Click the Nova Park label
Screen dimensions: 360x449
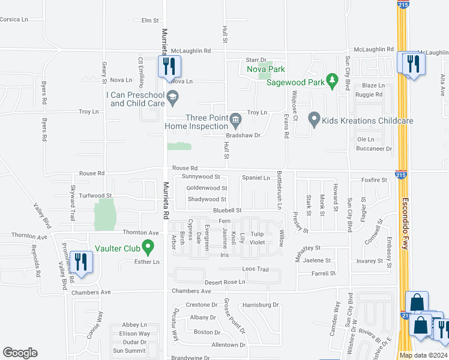(x=265, y=69)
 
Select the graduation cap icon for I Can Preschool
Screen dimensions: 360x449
(x=172, y=96)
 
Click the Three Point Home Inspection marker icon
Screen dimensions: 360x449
(x=235, y=118)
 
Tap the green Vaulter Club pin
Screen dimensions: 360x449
(x=150, y=245)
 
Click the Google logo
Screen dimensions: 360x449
(x=20, y=353)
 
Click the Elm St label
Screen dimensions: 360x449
(x=149, y=20)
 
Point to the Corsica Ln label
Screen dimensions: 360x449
(x=14, y=19)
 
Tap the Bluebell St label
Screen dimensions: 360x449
(x=228, y=211)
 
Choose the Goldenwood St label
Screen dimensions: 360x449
(x=206, y=188)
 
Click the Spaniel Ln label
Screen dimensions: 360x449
(x=256, y=178)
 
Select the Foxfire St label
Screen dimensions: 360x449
(x=374, y=179)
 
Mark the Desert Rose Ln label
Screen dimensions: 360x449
(x=225, y=281)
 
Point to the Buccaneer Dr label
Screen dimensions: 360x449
(x=375, y=148)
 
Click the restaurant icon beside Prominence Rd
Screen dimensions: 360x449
(x=79, y=262)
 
